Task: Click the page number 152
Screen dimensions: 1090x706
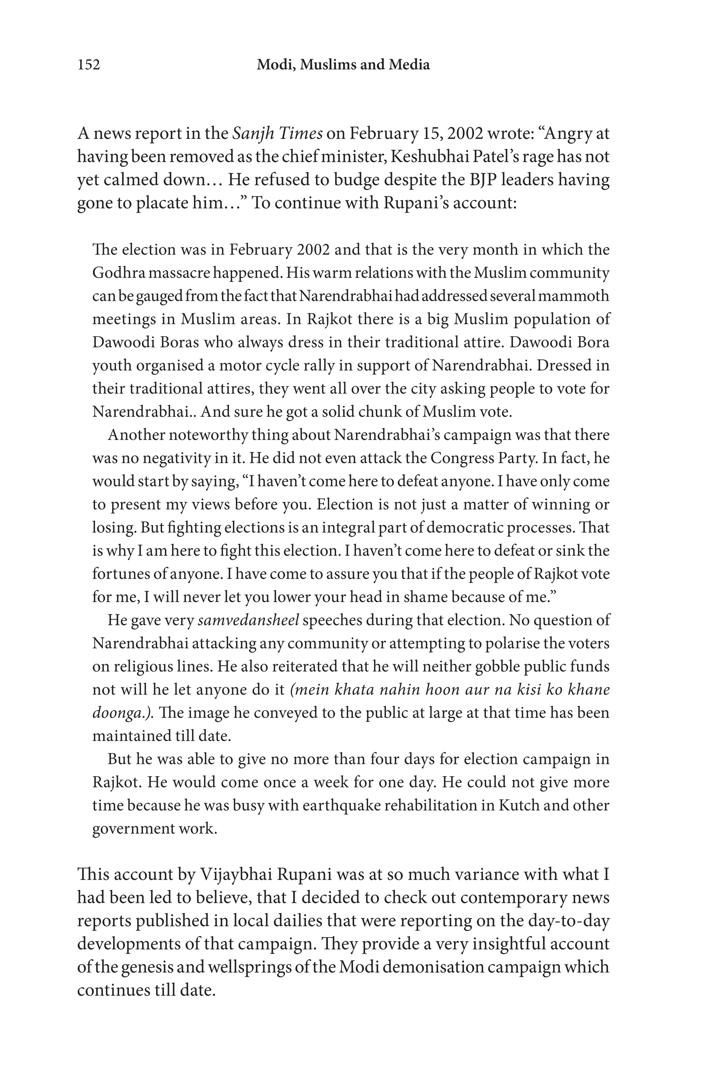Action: [89, 65]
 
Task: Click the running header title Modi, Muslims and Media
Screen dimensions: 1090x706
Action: [343, 65]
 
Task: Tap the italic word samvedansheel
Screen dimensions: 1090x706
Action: [248, 620]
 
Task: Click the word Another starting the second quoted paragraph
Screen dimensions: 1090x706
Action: [137, 435]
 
